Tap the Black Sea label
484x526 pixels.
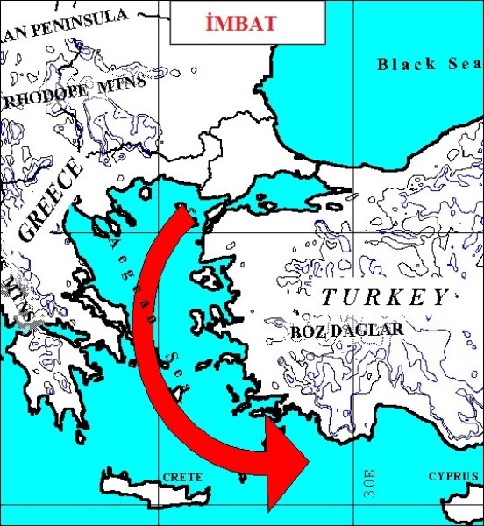coord(428,63)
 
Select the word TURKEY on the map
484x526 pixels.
coord(384,297)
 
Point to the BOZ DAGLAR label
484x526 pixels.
coord(346,330)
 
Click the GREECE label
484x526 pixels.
coord(49,201)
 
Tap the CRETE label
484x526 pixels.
coord(182,477)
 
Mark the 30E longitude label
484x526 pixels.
coord(369,482)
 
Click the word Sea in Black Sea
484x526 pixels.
coord(463,63)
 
